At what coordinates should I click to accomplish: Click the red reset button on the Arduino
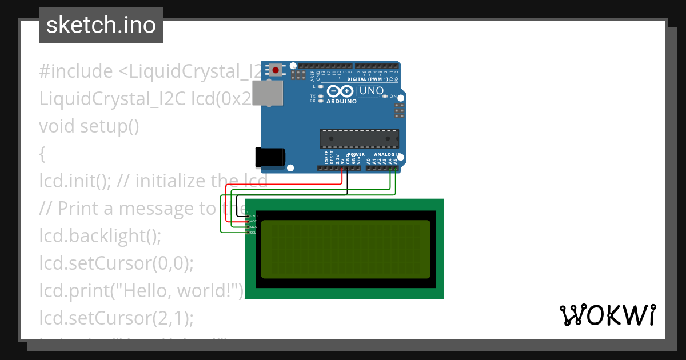click(276, 70)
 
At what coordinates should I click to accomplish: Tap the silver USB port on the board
click(269, 93)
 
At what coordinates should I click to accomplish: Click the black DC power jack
click(270, 157)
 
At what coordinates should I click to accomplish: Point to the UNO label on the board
click(371, 91)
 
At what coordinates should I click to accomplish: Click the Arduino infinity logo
click(341, 91)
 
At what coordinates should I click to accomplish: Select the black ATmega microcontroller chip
click(359, 139)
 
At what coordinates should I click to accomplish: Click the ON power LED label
click(393, 97)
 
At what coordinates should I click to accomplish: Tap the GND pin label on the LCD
click(254, 217)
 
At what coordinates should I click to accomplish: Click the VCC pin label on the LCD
click(253, 222)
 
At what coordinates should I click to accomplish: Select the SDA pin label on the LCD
click(253, 227)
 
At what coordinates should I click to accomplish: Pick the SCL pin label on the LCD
click(253, 233)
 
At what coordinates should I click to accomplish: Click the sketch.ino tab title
click(101, 25)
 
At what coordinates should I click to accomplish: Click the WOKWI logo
click(607, 315)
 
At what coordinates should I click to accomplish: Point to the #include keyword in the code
click(76, 71)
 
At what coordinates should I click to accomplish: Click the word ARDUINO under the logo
click(341, 102)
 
